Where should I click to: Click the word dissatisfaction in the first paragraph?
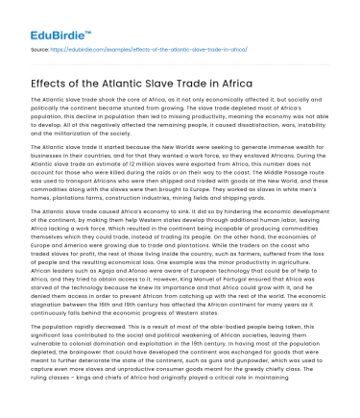[270, 144]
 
